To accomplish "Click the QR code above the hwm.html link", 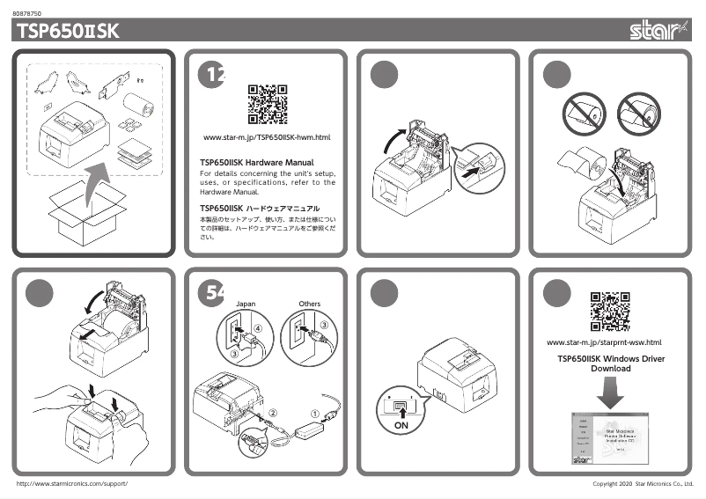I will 267,104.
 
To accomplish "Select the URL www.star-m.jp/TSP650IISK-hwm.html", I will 267,138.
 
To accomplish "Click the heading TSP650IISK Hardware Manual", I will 257,163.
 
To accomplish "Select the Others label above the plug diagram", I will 310,304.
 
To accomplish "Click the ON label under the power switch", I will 401,424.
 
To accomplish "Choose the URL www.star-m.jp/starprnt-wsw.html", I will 604,342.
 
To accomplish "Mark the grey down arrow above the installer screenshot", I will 608,393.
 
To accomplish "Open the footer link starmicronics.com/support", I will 73,485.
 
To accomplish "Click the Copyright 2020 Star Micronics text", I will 643,485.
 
